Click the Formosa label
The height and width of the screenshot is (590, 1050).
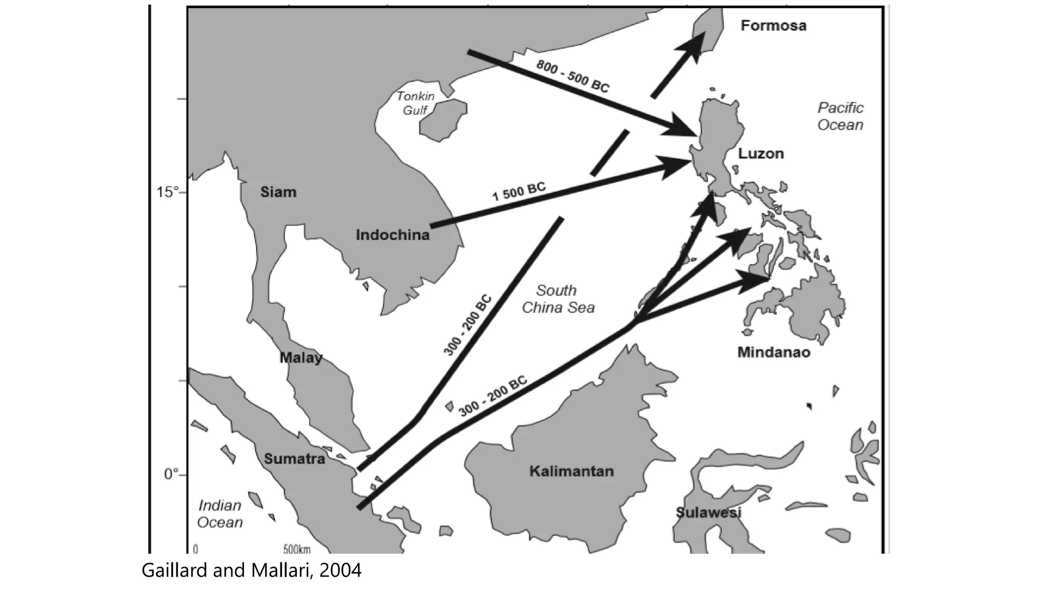pyautogui.click(x=773, y=26)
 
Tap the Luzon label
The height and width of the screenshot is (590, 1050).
pyautogui.click(x=761, y=154)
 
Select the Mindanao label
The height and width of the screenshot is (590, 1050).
pyautogui.click(x=774, y=352)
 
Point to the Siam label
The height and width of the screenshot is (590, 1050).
pyautogui.click(x=278, y=193)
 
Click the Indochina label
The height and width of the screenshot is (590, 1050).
pyautogui.click(x=393, y=235)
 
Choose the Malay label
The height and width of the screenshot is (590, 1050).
pyautogui.click(x=301, y=357)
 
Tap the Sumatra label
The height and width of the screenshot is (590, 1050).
pyautogui.click(x=294, y=459)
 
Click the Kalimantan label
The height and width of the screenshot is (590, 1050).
pyautogui.click(x=571, y=471)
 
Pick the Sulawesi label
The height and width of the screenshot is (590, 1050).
pyautogui.click(x=709, y=513)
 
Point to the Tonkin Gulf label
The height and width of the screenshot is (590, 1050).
pyautogui.click(x=415, y=103)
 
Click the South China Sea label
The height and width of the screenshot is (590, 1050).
pyautogui.click(x=558, y=299)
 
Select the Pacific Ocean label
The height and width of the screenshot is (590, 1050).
pyautogui.click(x=840, y=116)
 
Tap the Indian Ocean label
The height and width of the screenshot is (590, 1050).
pyautogui.click(x=220, y=514)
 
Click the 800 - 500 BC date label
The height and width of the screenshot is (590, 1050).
pyautogui.click(x=573, y=76)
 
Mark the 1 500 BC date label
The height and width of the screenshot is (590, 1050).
pyautogui.click(x=519, y=192)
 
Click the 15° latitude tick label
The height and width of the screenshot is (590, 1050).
pyautogui.click(x=168, y=193)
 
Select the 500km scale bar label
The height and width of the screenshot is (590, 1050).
pyautogui.click(x=297, y=550)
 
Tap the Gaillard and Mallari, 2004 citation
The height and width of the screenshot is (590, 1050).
pyautogui.click(x=251, y=571)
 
